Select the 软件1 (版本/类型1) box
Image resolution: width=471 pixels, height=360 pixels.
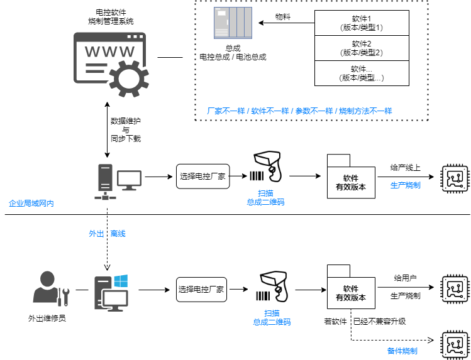point(362,23)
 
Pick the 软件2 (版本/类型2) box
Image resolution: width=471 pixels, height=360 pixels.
point(362,48)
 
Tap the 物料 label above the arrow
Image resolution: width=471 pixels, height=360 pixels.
point(283,17)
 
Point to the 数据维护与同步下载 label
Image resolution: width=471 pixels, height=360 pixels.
point(126,129)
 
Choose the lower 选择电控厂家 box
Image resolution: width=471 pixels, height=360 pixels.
point(201,290)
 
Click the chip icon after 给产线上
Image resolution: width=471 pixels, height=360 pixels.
point(455,179)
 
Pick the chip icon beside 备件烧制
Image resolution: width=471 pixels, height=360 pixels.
point(455,344)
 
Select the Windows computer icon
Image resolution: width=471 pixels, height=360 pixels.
point(111,293)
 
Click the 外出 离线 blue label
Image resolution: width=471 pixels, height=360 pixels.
point(107,234)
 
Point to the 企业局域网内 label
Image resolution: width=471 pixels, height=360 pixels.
point(31,204)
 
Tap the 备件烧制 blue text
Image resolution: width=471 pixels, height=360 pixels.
point(402,351)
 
